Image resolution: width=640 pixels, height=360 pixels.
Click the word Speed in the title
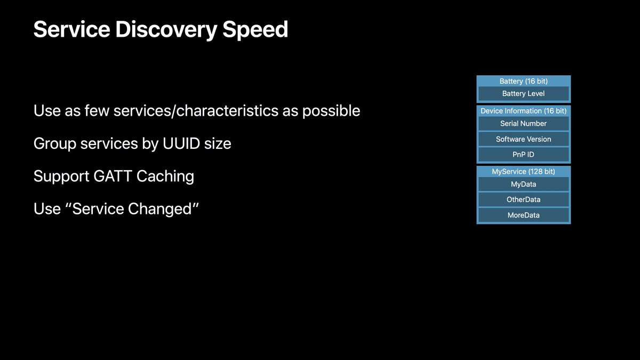pos(255,30)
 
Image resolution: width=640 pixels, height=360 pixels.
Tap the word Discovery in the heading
pos(166,30)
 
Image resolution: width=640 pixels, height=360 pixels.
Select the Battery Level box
pos(523,94)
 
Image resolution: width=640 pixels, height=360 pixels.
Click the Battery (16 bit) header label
pos(523,81)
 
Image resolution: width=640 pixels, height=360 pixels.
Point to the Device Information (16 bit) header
pos(523,111)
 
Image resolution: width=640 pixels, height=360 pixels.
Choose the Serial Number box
pos(523,124)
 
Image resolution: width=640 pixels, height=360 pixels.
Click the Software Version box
pos(523,139)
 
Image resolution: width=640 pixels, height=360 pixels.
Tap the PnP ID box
pos(523,155)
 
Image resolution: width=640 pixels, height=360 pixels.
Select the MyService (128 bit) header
pos(523,171)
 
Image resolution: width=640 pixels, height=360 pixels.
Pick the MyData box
pos(523,185)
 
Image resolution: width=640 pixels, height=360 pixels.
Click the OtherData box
pos(523,199)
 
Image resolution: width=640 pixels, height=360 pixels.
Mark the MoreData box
pos(523,215)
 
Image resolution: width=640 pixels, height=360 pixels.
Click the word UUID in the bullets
pos(181,143)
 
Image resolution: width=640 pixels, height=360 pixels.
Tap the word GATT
pos(113,176)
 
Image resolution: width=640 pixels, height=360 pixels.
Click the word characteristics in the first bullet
pos(227,110)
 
